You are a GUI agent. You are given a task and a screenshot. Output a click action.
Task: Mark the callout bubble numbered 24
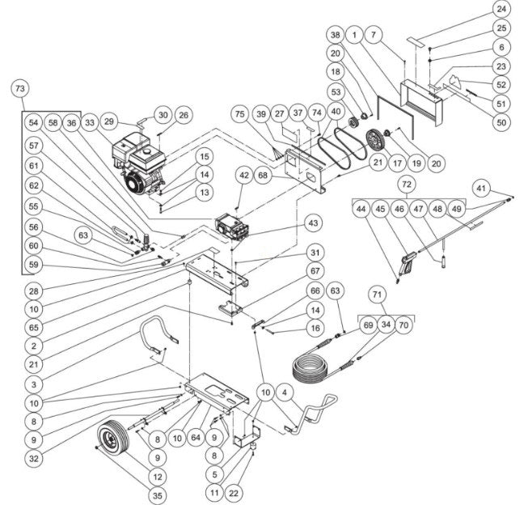click(x=502, y=10)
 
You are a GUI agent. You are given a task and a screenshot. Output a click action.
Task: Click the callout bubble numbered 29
click(x=108, y=121)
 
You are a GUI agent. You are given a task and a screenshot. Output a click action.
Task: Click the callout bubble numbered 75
click(x=239, y=115)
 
